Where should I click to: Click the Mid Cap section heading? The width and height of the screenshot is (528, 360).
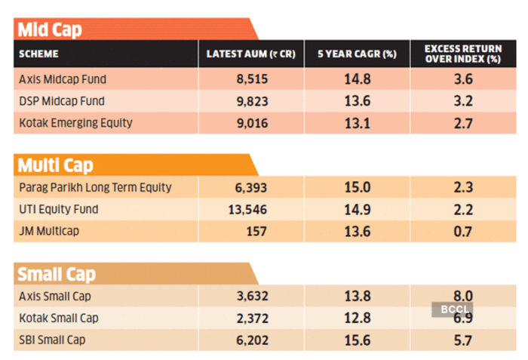point(50,29)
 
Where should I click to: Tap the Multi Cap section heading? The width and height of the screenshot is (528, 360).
point(55,165)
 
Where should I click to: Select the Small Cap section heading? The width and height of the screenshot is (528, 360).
point(57,275)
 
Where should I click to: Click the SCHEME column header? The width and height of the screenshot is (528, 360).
point(38,54)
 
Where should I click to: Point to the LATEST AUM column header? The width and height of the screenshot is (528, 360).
point(251,54)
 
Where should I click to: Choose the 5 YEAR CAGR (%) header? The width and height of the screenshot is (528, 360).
point(357,54)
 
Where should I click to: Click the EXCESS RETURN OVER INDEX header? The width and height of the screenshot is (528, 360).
point(463,54)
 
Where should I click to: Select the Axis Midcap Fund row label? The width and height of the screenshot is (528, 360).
point(63,79)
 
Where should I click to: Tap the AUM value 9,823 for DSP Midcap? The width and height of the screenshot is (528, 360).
point(252,101)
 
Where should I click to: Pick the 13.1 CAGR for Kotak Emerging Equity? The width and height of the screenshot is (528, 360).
point(357,123)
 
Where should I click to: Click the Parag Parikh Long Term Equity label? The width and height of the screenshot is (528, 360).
point(95,187)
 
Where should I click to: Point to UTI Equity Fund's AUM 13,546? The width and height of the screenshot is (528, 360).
point(247,210)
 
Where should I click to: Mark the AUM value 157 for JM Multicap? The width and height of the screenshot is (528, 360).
point(256,232)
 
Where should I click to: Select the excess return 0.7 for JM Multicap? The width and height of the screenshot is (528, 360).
point(462,232)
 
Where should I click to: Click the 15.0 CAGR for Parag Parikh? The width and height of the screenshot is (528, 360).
point(358,187)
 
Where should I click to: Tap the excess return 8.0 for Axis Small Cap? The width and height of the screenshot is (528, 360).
point(463,296)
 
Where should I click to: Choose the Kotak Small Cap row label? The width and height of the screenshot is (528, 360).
point(59,318)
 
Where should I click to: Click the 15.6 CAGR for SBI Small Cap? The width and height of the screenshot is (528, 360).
point(358,340)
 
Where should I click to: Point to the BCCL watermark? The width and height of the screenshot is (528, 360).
point(453,309)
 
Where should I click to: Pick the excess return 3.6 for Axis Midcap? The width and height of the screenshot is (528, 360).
point(463,79)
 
